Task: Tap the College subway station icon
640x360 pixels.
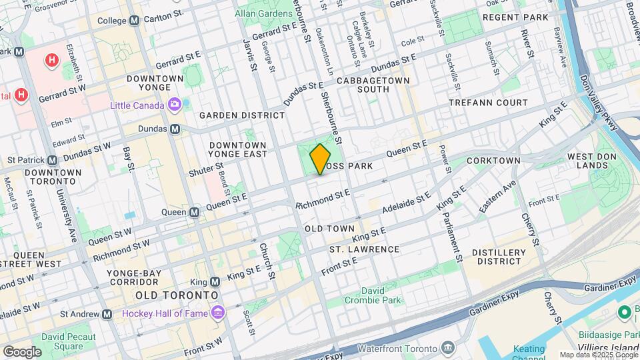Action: point(135,21)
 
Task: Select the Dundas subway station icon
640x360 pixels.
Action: point(175,129)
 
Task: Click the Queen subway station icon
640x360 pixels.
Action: point(194,212)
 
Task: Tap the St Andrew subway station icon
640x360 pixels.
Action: point(107,314)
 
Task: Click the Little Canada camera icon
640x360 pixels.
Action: point(175,105)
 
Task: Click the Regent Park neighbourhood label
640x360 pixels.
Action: point(515,17)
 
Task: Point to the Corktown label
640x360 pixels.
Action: point(493,161)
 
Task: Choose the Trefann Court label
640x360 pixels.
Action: point(488,103)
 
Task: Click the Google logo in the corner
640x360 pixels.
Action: point(23,351)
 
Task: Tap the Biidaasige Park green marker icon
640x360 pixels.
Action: point(625,312)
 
